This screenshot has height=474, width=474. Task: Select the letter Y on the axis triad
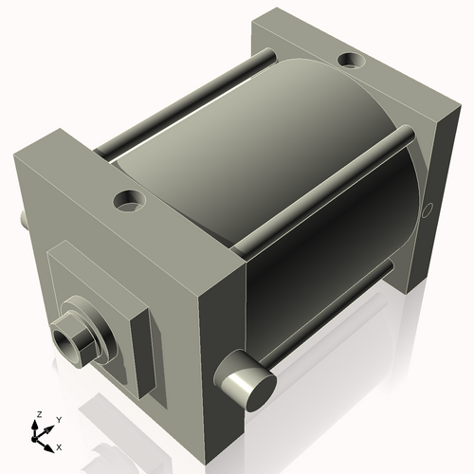[x=58, y=419]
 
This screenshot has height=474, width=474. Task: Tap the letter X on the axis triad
[x=59, y=445]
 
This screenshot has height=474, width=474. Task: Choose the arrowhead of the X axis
[x=50, y=442]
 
